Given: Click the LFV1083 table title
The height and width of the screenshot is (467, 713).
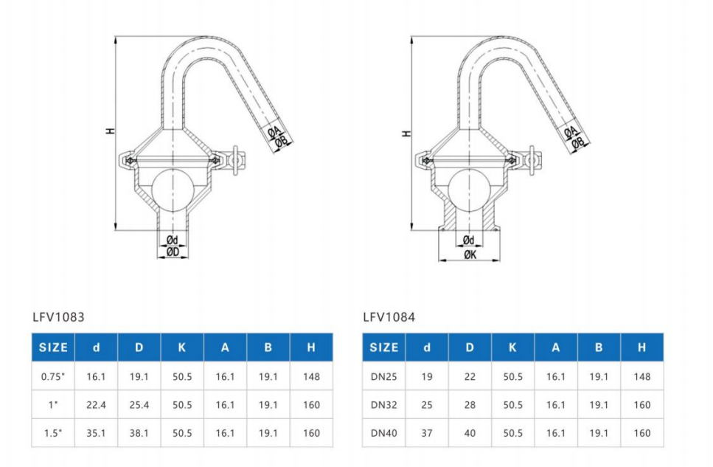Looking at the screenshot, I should pos(58,317).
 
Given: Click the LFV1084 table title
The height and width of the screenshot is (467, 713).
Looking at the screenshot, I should pos(389,317).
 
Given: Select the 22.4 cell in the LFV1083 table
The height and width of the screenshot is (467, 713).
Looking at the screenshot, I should pos(96,404).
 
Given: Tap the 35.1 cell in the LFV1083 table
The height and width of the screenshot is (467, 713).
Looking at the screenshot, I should pos(96,433).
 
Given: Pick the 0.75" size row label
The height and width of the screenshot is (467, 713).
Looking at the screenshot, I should pos(52,376).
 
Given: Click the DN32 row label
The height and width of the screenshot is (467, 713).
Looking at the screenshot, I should pos(383,404).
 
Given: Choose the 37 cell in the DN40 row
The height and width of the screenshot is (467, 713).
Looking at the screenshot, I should pos(427,433).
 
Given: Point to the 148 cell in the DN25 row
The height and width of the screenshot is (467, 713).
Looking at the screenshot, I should pos(641,376).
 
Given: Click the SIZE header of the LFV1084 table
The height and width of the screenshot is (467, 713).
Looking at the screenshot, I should pos(383,347).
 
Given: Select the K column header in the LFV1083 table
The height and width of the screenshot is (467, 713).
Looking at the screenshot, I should pos(182,347).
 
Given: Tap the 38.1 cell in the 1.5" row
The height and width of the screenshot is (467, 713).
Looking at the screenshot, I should pos(139,433).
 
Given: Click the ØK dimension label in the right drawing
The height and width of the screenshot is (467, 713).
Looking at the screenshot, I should pos(470,254).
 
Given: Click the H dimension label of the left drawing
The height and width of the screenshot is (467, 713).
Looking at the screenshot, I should pos(110,131).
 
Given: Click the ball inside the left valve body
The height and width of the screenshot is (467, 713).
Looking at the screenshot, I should pos(173,190).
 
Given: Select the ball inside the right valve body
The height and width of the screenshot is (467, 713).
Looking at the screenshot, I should pos(469,190).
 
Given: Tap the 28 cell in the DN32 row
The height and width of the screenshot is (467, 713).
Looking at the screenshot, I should pos(470,404).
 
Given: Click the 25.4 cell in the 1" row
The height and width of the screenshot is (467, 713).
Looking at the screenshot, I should pos(139,404).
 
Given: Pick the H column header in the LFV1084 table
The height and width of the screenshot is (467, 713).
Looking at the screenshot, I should pos(641,347).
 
